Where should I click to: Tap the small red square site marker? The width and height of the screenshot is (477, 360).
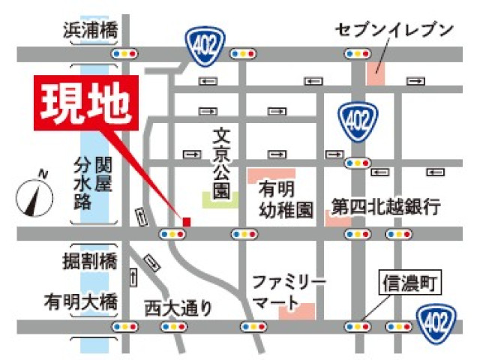[x=187, y=220]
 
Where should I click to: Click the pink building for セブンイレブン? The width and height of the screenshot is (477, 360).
[x=374, y=73]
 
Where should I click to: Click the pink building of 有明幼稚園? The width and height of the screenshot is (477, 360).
[x=260, y=172]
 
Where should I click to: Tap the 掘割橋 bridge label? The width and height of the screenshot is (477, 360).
[x=90, y=262]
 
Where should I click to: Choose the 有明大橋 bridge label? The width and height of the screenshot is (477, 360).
[x=80, y=301]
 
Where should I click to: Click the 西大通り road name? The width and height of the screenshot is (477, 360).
[x=178, y=306]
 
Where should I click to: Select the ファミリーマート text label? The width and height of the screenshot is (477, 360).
[x=288, y=292]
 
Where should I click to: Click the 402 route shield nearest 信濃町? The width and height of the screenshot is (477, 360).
[x=436, y=322]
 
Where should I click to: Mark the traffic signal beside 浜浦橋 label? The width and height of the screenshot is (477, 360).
[x=125, y=54]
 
